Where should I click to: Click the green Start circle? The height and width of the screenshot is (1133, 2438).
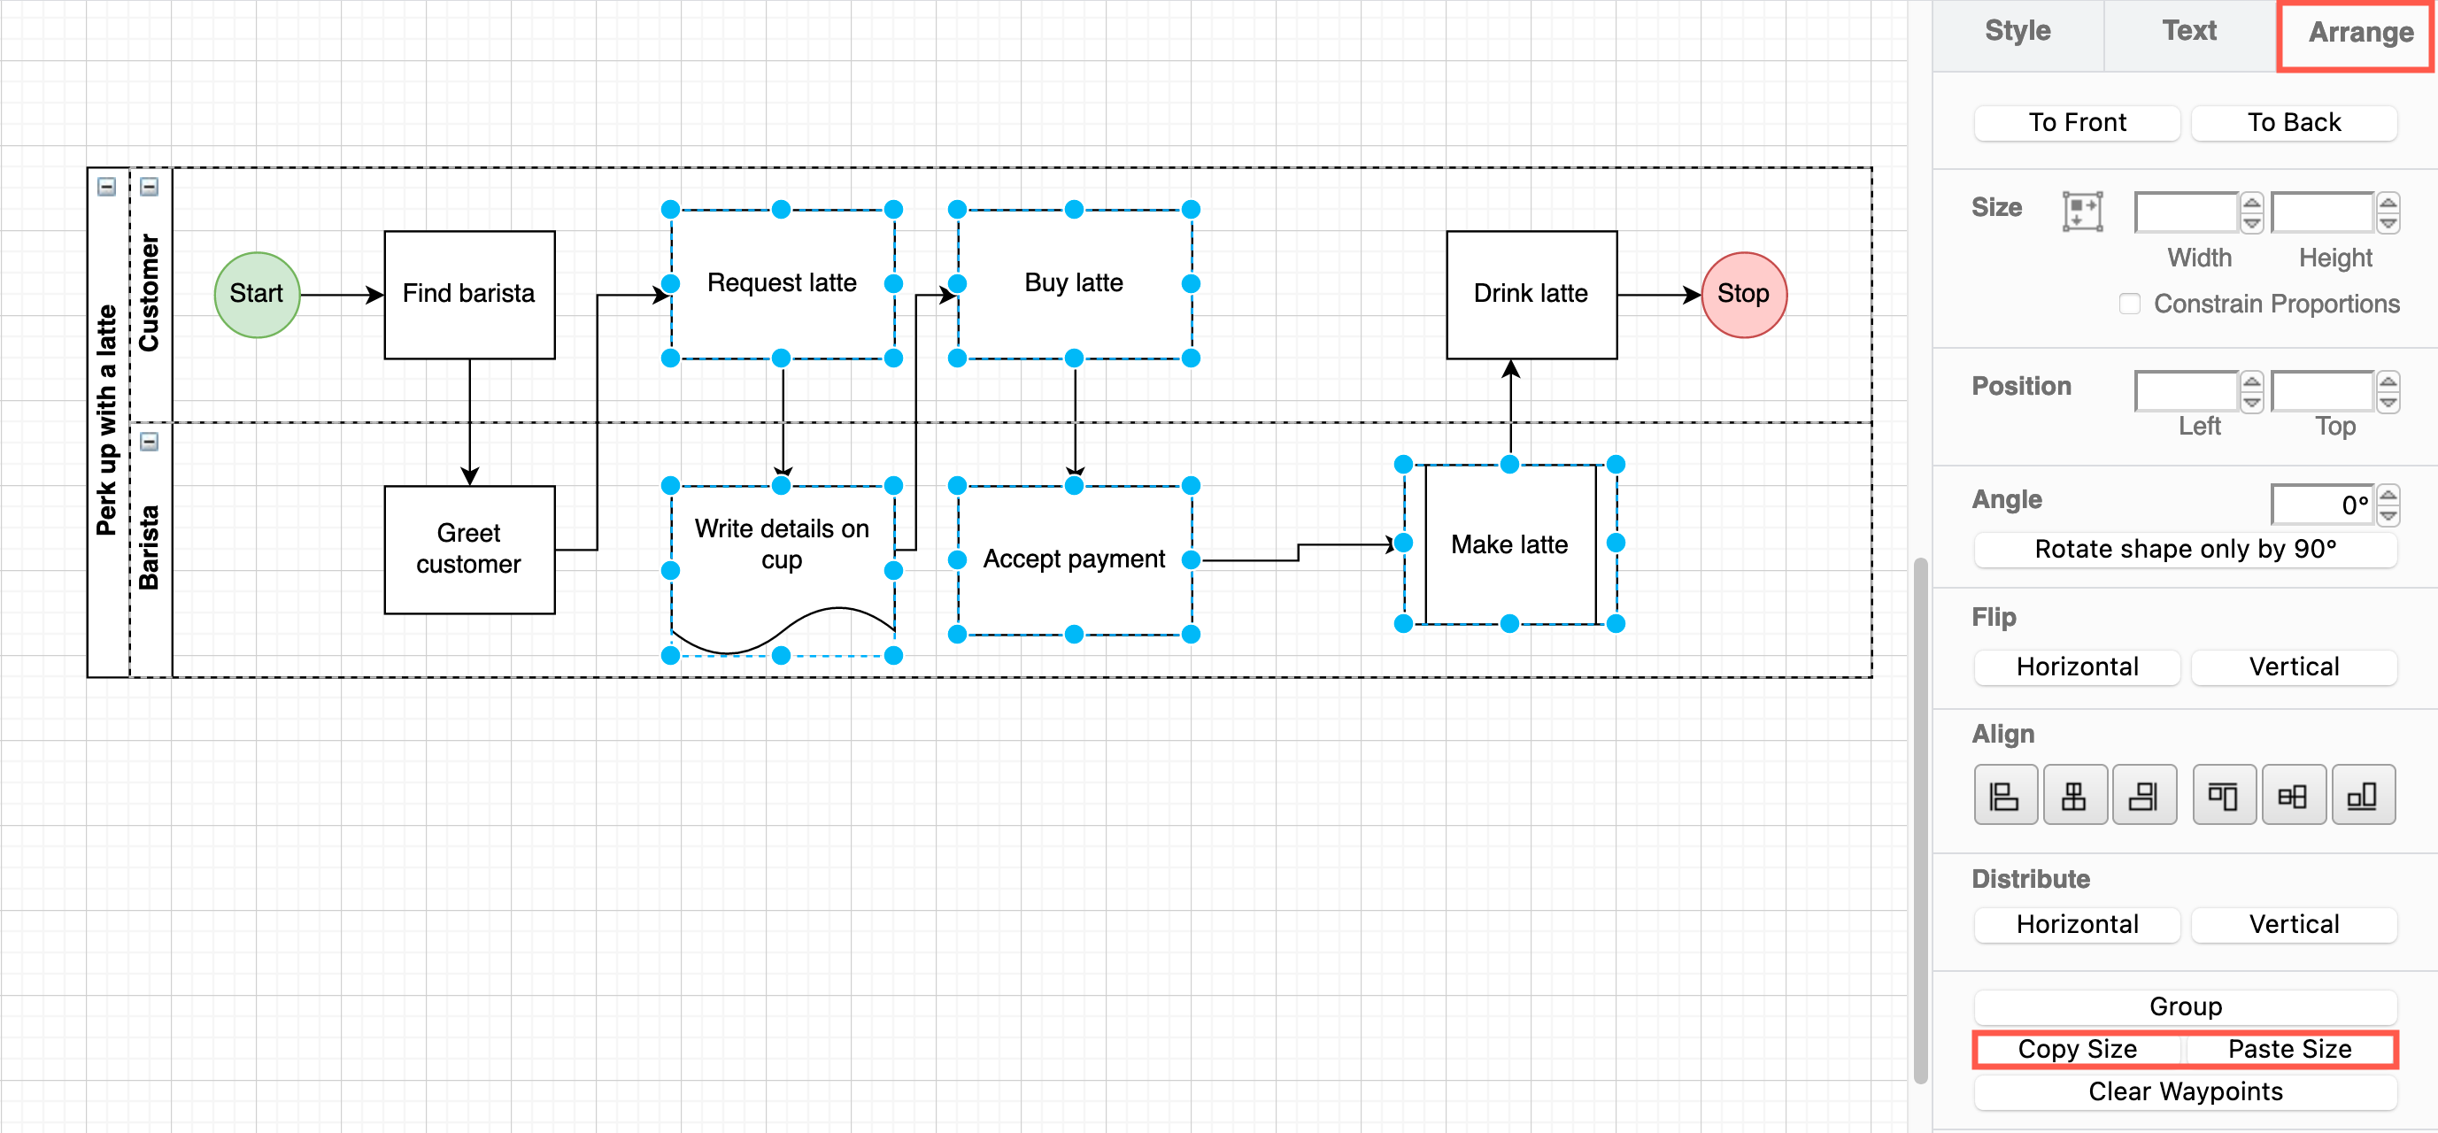pos(257,295)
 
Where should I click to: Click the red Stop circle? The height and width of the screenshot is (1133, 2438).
pos(1743,295)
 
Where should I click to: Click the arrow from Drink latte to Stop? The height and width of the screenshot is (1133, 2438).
pos(1656,296)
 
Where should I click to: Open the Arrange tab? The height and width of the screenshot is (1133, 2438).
pos(2359,33)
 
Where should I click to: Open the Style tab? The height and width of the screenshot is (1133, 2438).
pos(2017,31)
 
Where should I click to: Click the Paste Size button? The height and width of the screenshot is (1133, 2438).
pos(2288,1049)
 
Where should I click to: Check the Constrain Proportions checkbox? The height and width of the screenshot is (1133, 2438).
pos(2129,304)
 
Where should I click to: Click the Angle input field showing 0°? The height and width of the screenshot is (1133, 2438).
pos(2322,505)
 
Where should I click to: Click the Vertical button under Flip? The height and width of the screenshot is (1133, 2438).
pos(2293,667)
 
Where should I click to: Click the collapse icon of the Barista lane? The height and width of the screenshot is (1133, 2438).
pos(150,442)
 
